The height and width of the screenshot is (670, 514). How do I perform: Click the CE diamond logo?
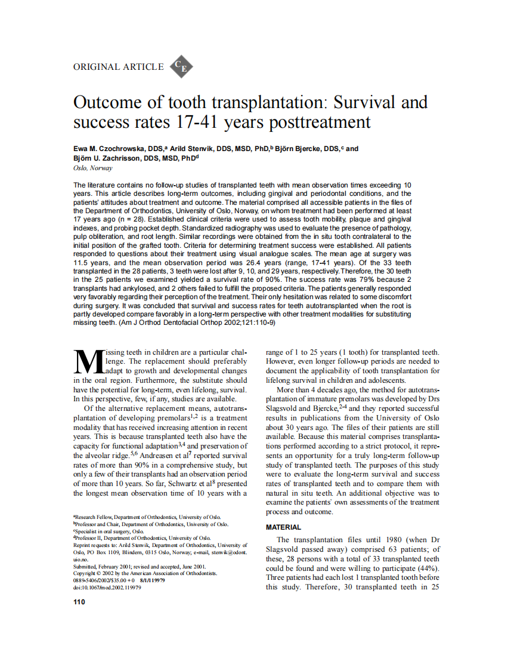point(181,67)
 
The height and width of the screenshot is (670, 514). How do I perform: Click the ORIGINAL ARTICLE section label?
point(118,67)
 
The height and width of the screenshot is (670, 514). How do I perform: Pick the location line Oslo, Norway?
point(92,168)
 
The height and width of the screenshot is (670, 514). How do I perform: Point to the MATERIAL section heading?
point(283,527)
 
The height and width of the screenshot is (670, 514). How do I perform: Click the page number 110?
point(79,602)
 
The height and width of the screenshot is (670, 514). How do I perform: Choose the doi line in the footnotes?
point(107,588)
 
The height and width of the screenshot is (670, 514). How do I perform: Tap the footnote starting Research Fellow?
point(147,517)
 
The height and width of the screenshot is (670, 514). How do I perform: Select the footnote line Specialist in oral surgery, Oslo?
point(109,531)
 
